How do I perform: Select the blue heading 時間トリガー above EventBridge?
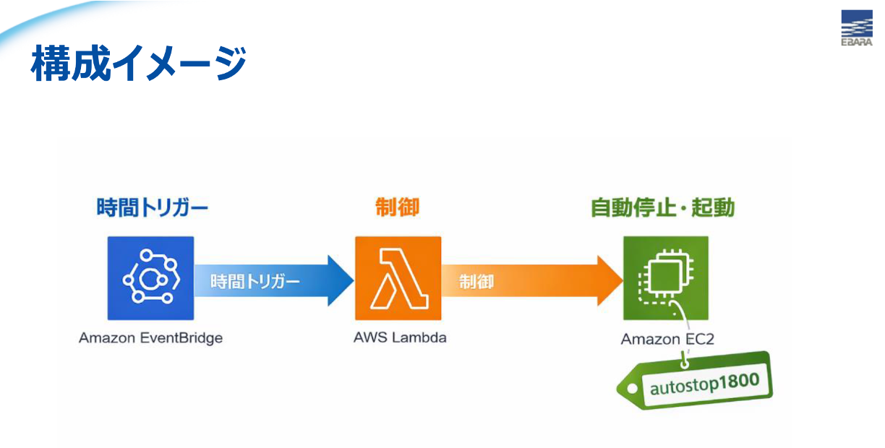point(153,208)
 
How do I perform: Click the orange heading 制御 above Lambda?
point(397,208)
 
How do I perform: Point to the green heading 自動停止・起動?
point(662,208)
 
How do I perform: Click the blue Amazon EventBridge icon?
point(150,278)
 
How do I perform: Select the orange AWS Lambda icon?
point(398,278)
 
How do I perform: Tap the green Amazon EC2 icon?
point(666,278)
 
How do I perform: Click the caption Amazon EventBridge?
point(150,337)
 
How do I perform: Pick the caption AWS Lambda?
point(400,337)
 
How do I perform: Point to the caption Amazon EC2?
point(667,339)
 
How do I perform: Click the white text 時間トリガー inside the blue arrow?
point(255,281)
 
